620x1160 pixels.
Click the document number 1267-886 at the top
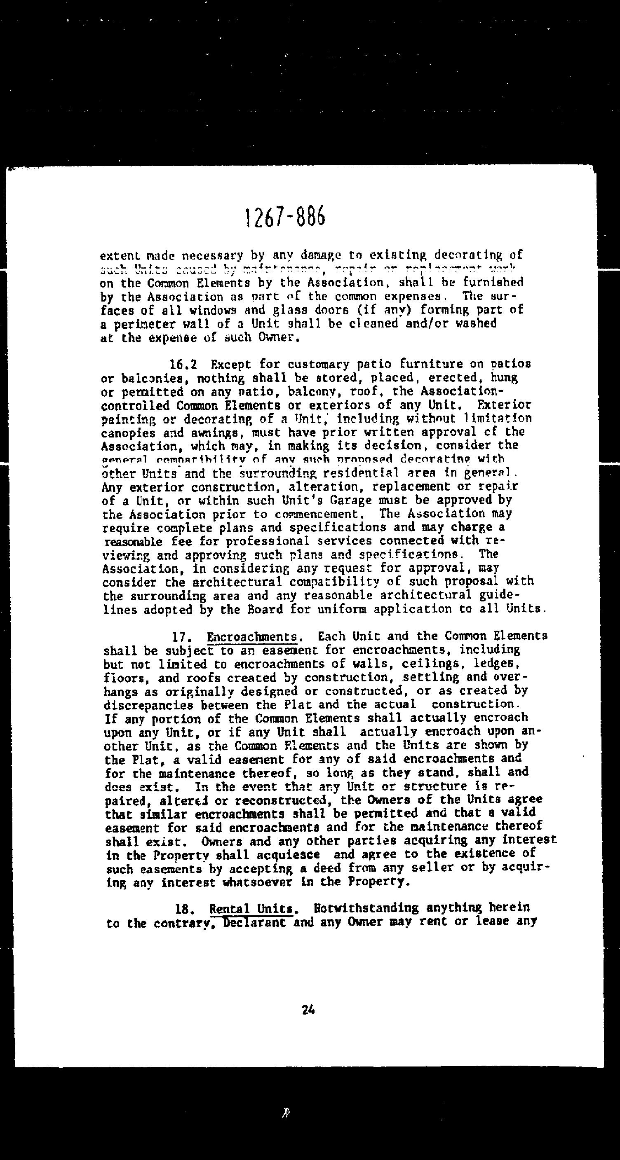(285, 218)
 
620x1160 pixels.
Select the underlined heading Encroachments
(252, 637)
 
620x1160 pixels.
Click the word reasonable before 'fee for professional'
(133, 542)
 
